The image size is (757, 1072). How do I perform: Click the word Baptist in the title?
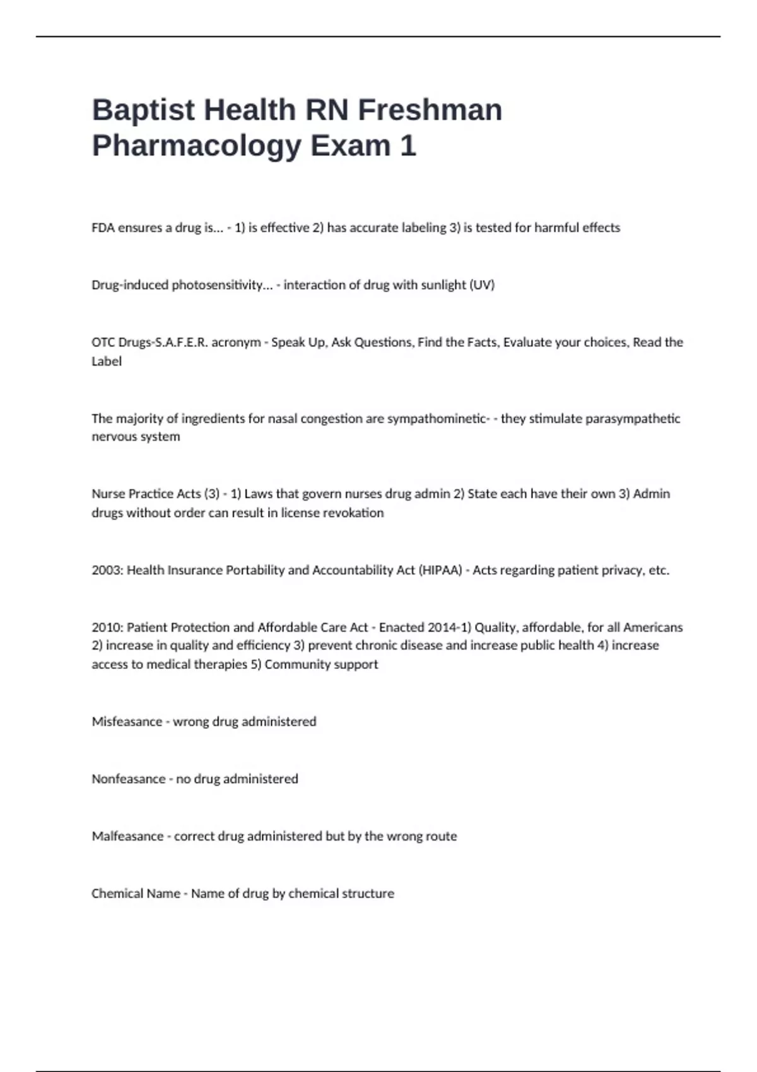pos(143,110)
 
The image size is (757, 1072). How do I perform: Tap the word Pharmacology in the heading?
pos(197,146)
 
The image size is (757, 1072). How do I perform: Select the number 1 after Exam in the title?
pos(408,146)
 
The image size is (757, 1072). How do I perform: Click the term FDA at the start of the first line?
pos(103,228)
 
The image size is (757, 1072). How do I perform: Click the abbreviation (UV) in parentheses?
pos(482,285)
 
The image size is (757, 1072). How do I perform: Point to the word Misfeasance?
pos(127,721)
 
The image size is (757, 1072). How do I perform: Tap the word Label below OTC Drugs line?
pos(107,361)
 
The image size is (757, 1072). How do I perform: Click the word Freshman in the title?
pos(430,110)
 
